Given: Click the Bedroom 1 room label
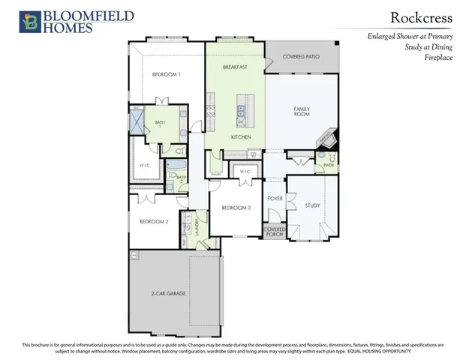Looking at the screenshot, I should click(166, 73).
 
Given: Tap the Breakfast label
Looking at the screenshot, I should click(235, 67).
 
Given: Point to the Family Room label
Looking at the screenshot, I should click(301, 112).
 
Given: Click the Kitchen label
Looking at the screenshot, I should click(240, 138).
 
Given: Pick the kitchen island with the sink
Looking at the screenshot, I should click(242, 111).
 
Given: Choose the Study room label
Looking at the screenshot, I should click(312, 205).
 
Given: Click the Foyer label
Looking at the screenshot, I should click(275, 199).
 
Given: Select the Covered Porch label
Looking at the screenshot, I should click(273, 233).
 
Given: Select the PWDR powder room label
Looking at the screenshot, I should click(329, 166).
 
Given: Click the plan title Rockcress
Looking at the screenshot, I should click(419, 16).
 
